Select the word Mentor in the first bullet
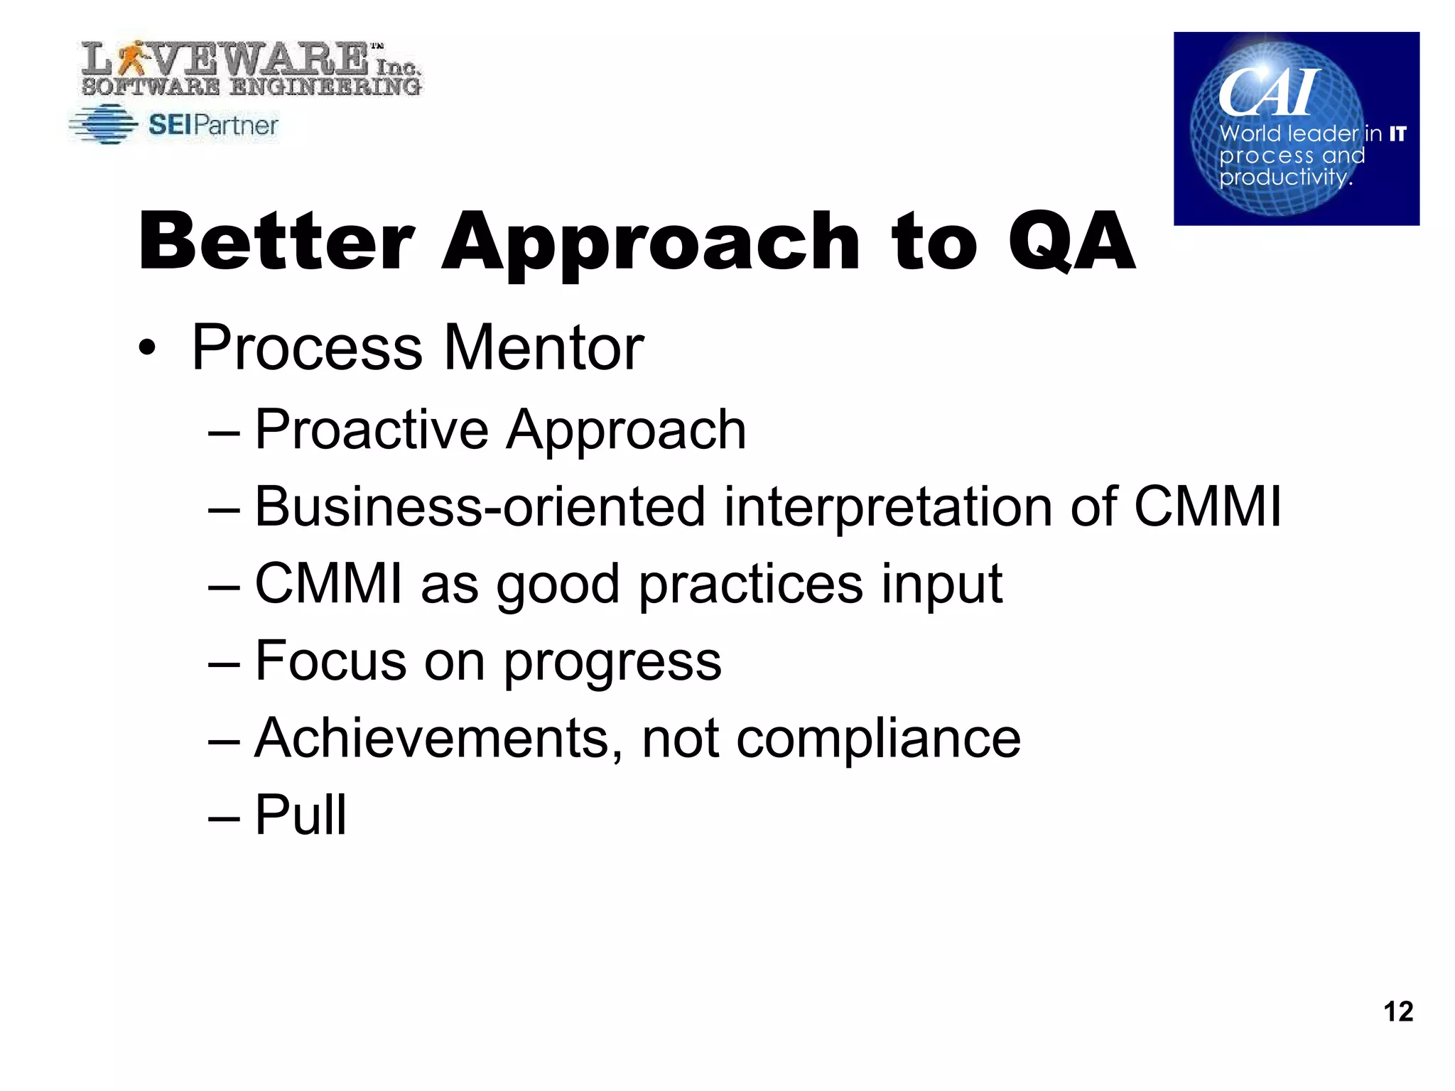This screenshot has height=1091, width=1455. pyautogui.click(x=543, y=348)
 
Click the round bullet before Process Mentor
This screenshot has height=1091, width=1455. pyautogui.click(x=146, y=349)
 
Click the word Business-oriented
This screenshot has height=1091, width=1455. pyautogui.click(x=480, y=506)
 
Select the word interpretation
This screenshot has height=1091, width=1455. pyautogui.click(x=888, y=506)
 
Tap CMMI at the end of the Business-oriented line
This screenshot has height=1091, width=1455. pyautogui.click(x=1208, y=506)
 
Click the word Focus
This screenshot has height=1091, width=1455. pyautogui.click(x=330, y=661)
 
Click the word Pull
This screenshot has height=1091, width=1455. pyautogui.click(x=301, y=815)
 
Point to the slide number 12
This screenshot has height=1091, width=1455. pyautogui.click(x=1398, y=1011)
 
